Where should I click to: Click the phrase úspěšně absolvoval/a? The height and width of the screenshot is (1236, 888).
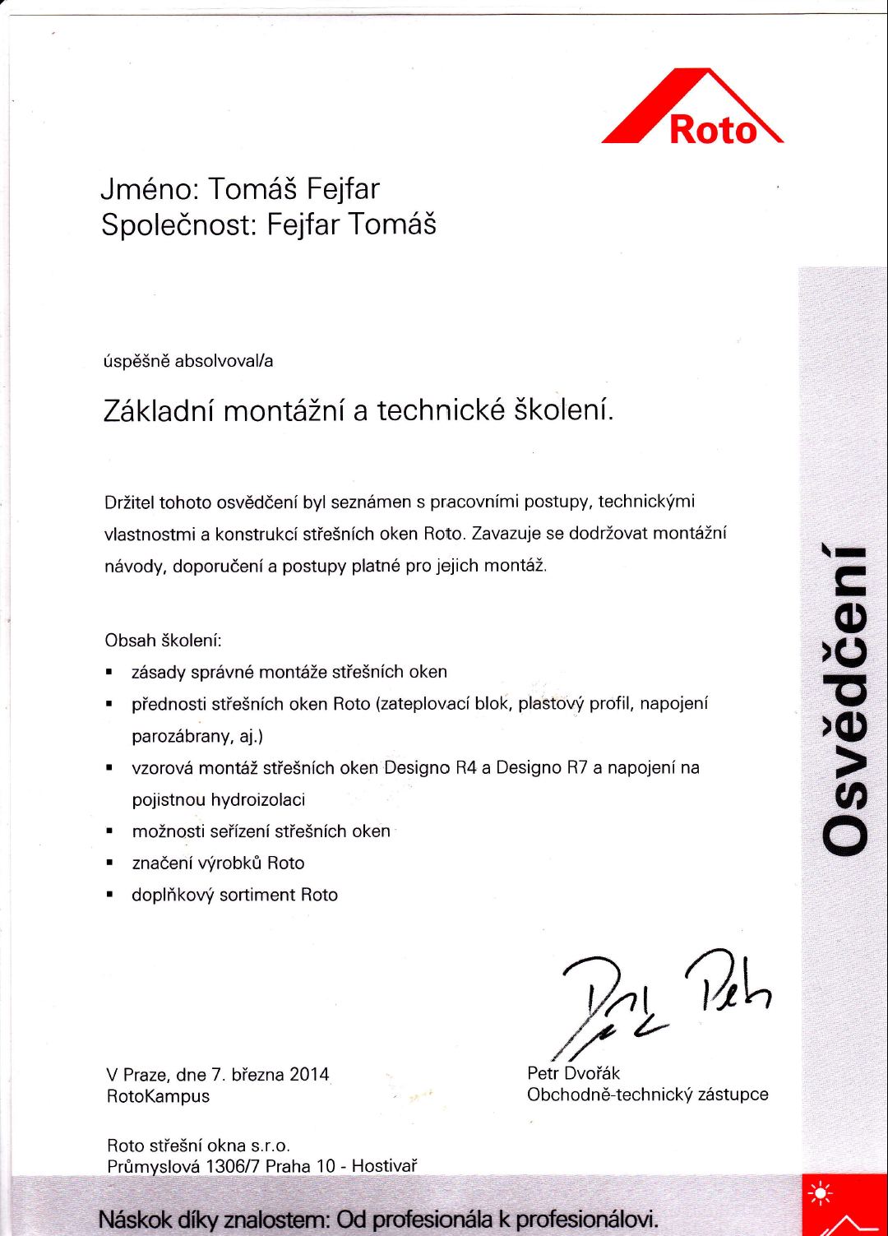[188, 361]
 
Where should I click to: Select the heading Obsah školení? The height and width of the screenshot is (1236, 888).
[163, 641]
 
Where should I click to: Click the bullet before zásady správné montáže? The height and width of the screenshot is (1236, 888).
[109, 674]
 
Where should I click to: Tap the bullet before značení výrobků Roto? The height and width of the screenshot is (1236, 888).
[109, 864]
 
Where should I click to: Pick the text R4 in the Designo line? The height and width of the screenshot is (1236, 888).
[466, 768]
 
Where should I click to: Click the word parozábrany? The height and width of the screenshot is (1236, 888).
[187, 736]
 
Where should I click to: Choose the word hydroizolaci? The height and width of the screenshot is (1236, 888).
[257, 800]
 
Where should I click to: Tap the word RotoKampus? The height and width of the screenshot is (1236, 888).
[158, 1096]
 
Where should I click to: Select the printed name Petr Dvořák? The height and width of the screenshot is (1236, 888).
[573, 1073]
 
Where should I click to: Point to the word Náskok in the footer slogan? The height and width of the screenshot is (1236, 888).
[132, 1219]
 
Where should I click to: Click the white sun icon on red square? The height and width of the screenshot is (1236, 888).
[820, 1193]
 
